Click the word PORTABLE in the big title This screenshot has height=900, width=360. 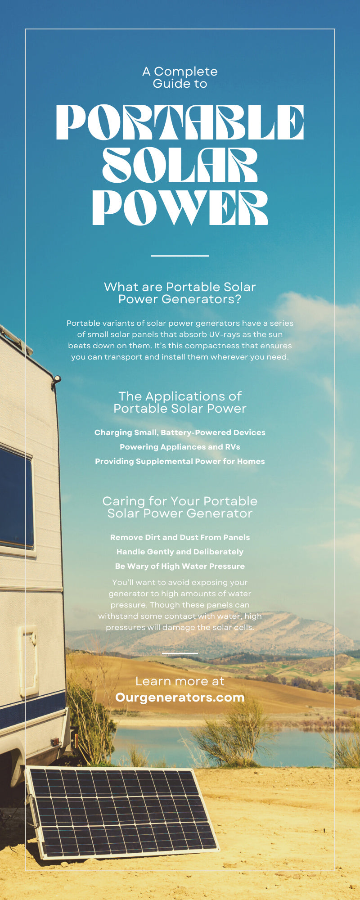180,122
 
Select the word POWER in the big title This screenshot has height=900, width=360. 180,207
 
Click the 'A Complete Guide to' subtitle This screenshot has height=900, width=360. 180,77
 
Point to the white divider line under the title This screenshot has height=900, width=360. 180,256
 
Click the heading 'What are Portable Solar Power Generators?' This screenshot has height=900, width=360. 180,293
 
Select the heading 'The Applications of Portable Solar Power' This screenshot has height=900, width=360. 180,402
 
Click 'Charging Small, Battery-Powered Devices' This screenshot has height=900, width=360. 180,432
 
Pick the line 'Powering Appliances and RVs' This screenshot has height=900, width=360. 180,447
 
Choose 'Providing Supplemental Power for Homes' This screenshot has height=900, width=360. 180,461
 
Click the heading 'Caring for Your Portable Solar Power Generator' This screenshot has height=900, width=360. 180,507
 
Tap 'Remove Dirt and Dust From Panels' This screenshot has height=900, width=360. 180,537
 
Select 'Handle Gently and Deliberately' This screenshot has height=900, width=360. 180,552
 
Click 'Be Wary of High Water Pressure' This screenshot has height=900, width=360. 180,566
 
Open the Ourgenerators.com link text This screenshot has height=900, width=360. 180,697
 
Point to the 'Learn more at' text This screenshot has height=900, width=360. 180,681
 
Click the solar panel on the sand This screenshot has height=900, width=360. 121,810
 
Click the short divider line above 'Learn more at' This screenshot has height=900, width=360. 180,653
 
